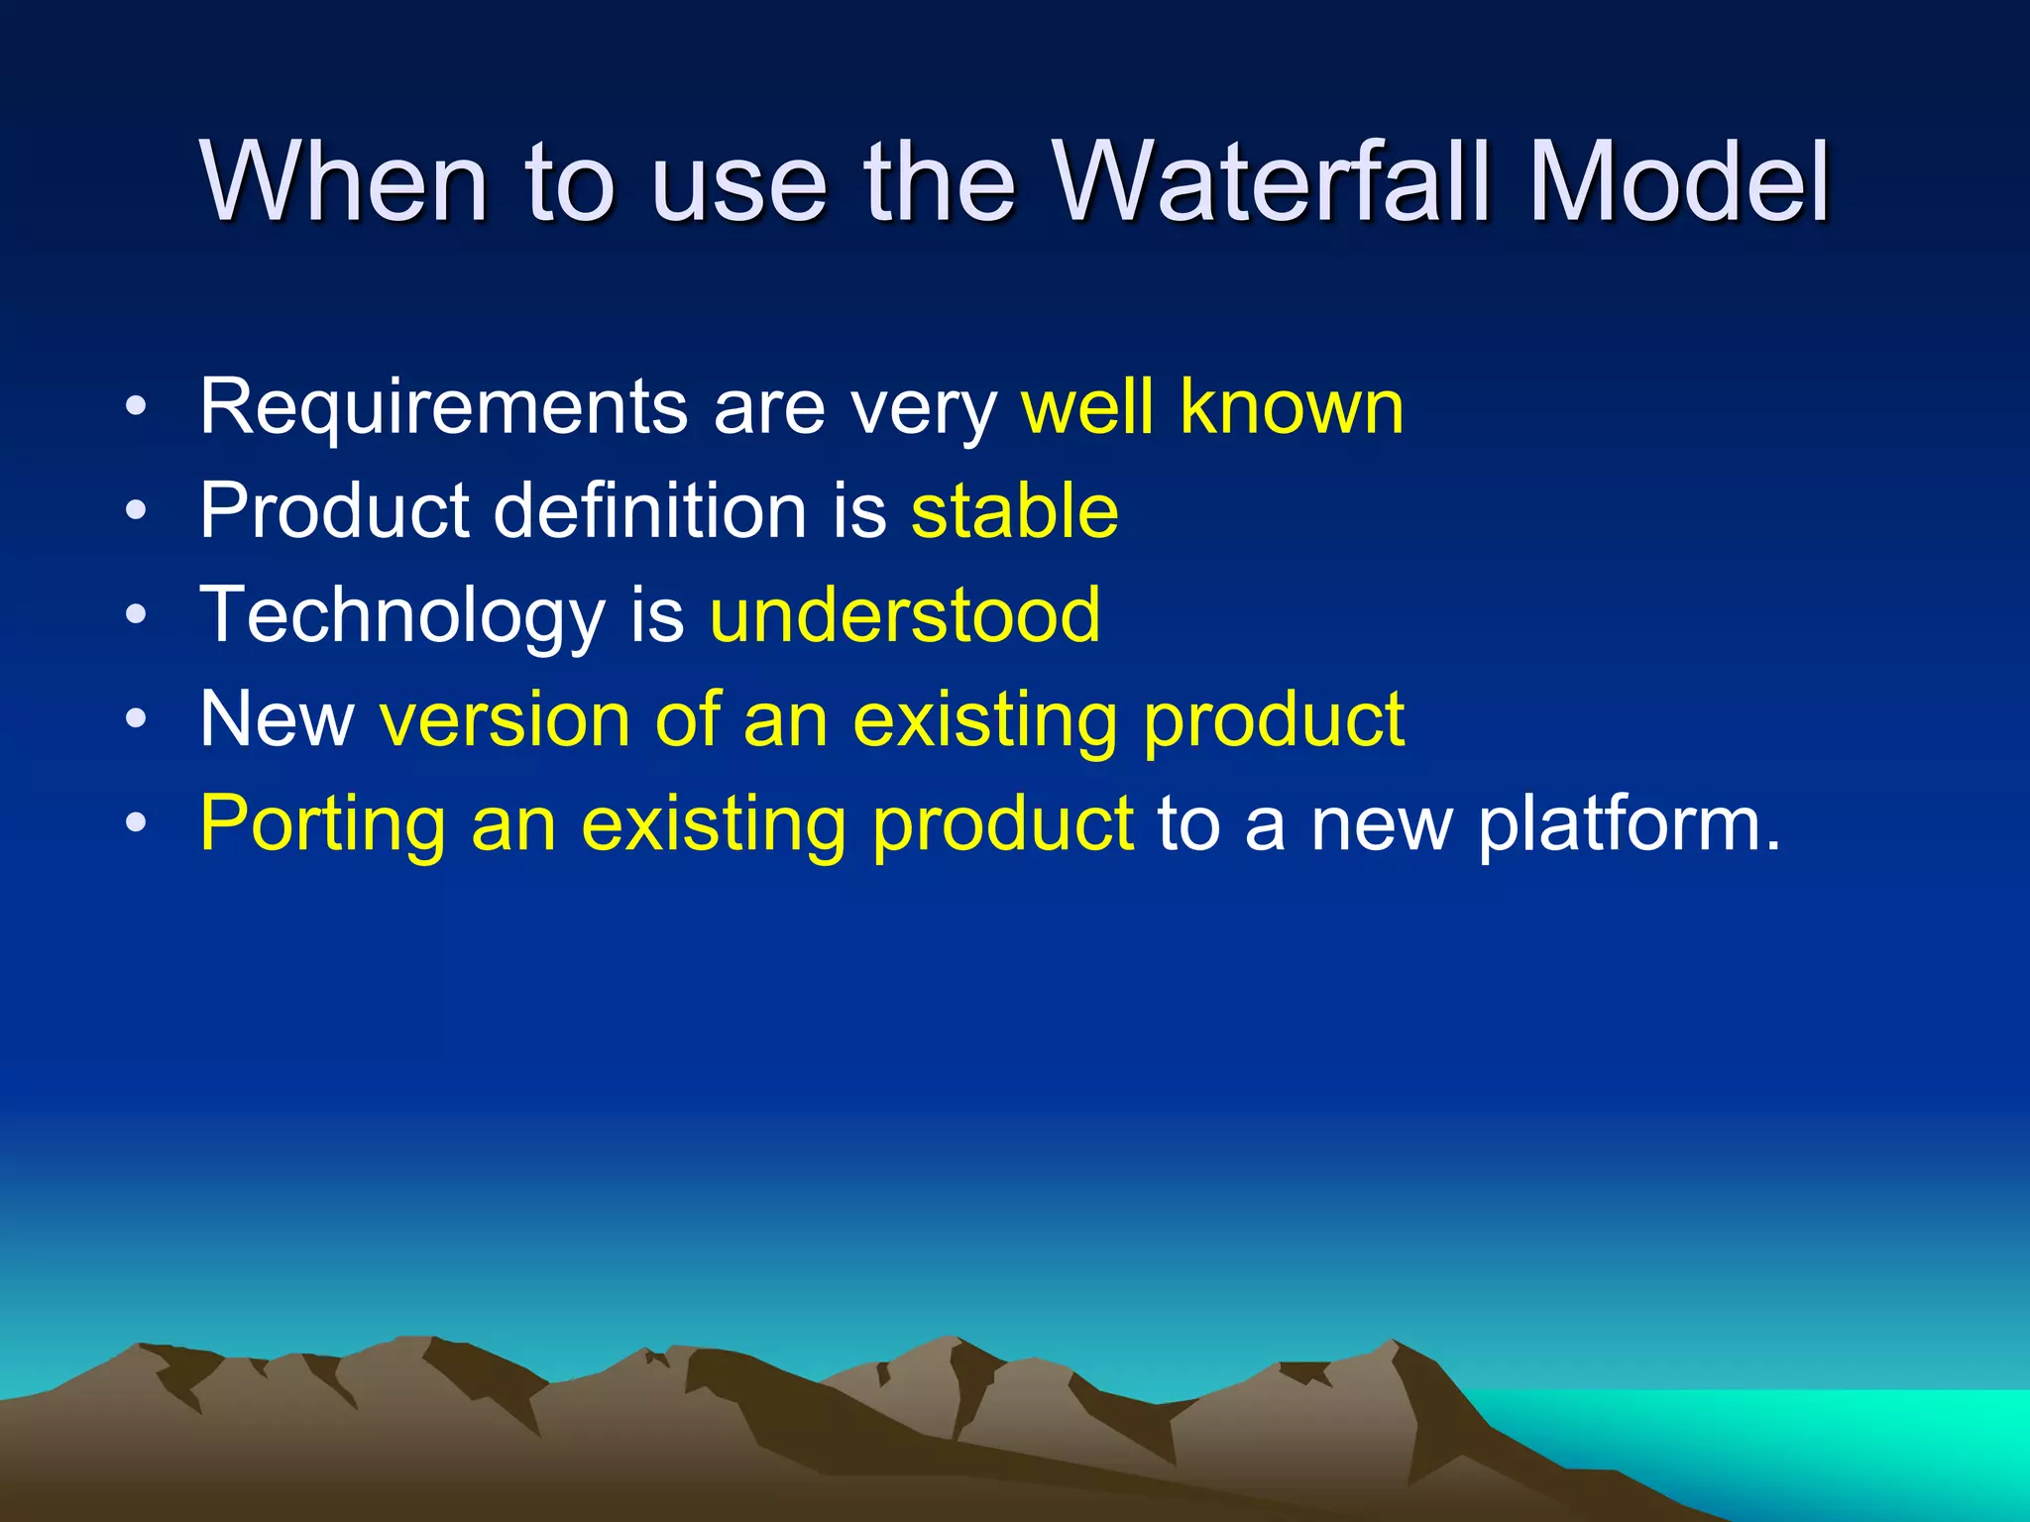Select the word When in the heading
pos(343,182)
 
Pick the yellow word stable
pos(1014,510)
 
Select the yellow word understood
pos(904,615)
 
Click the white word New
pos(277,719)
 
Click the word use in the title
pos(738,184)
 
